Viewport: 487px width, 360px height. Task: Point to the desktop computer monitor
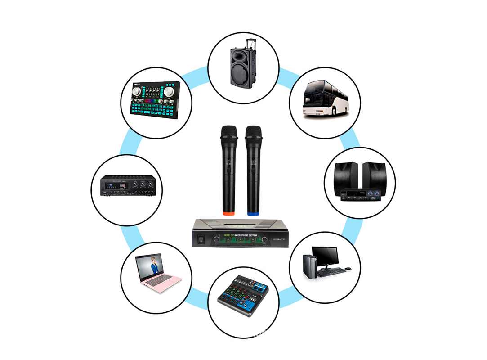(x=325, y=256)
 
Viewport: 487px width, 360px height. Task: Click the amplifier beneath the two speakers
(x=360, y=195)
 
